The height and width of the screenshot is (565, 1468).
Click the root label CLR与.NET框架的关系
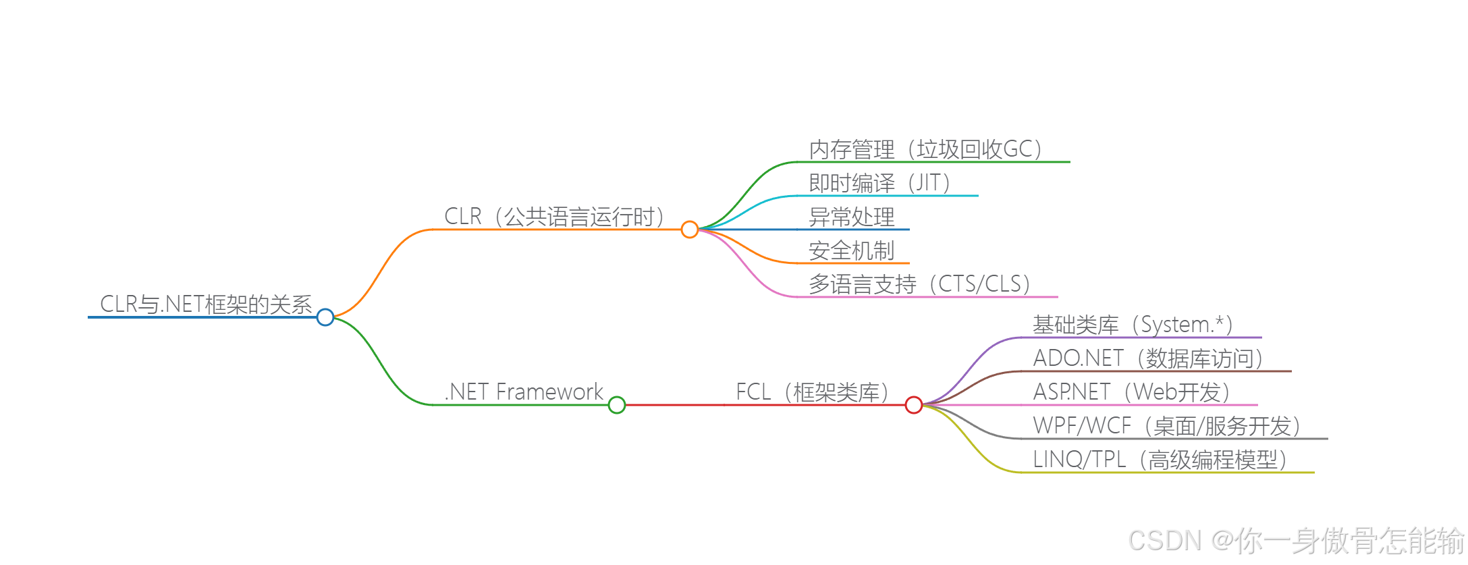[206, 304]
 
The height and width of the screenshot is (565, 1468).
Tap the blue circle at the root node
[325, 317]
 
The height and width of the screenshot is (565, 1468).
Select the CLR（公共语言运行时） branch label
[554, 217]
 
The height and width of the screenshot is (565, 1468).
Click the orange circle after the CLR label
[689, 230]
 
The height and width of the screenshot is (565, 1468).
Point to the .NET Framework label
[524, 392]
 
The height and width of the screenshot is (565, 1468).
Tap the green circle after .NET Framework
[617, 405]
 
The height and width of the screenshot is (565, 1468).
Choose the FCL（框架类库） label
[812, 392]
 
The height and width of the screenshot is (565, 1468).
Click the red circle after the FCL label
[914, 405]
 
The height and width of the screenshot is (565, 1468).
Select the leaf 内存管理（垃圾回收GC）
[925, 149]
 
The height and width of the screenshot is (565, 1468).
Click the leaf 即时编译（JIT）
[879, 183]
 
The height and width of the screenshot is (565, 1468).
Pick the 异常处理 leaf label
[852, 217]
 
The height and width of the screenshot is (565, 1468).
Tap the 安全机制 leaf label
[852, 250]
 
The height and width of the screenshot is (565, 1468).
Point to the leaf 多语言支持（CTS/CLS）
[919, 284]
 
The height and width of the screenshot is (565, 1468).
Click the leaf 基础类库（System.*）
[1133, 325]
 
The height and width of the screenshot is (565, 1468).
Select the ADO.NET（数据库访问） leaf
[1147, 358]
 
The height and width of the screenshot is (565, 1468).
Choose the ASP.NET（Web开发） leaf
[1131, 392]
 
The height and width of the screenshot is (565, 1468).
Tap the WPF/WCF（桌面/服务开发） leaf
[1166, 426]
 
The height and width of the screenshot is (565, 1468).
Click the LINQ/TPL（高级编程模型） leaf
[1160, 460]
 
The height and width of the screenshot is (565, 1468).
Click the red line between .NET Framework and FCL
[675, 405]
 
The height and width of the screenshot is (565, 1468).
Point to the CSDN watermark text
[1296, 541]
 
